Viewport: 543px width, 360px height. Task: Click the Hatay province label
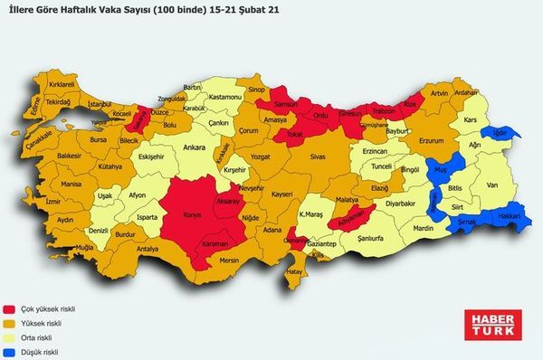tap(292, 270)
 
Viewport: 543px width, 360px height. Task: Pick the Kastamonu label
tap(222, 96)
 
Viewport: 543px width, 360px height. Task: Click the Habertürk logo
tap(490, 325)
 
